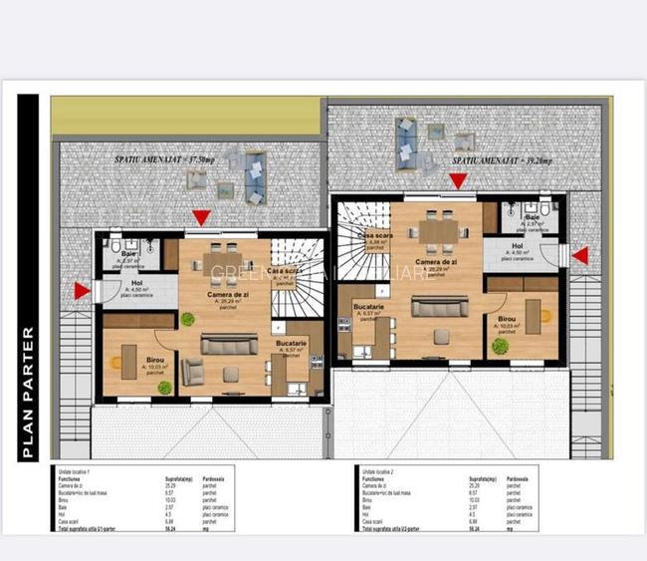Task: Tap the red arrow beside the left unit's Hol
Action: pyautogui.click(x=82, y=291)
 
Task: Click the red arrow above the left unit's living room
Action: pyautogui.click(x=202, y=217)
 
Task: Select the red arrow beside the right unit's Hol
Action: pyautogui.click(x=580, y=256)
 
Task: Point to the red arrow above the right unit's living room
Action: pyautogui.click(x=458, y=180)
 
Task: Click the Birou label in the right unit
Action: pyautogui.click(x=508, y=321)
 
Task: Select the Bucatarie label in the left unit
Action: pyautogui.click(x=292, y=344)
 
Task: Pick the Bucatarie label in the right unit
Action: pyautogui.click(x=368, y=306)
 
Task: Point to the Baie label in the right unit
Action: pyautogui.click(x=533, y=217)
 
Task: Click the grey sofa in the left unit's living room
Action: pyautogui.click(x=229, y=344)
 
